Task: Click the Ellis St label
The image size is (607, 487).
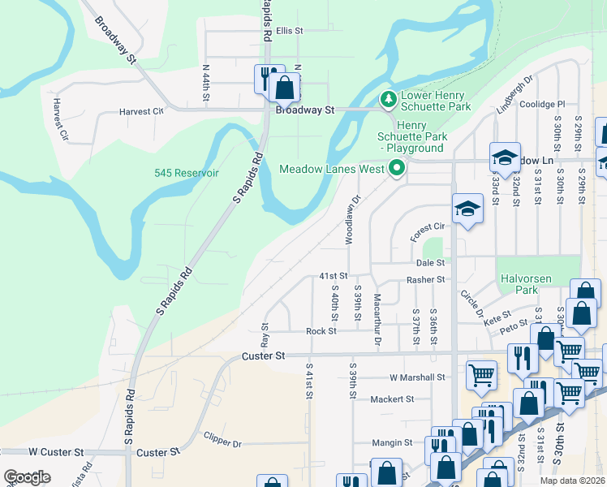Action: coord(289,31)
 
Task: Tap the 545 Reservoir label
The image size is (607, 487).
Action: coord(187,173)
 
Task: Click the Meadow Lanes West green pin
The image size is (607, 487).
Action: coord(397,169)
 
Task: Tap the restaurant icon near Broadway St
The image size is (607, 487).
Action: coord(266,78)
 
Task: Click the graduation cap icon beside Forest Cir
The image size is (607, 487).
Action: coord(467,210)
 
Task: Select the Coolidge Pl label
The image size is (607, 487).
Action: coord(542,104)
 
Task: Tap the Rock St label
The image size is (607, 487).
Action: coord(321,331)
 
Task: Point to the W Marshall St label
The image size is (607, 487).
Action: coord(417,377)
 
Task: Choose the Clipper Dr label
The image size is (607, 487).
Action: coord(223,444)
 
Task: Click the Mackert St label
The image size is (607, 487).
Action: coord(392,399)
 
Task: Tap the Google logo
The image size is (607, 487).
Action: coord(27,477)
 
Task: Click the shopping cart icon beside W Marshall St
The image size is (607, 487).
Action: coord(481,375)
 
